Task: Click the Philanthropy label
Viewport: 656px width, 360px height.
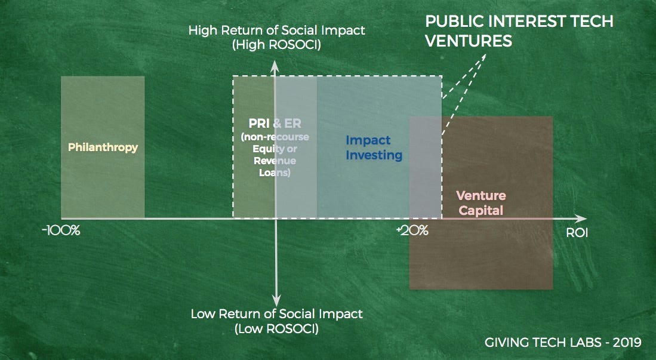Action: [x=103, y=147]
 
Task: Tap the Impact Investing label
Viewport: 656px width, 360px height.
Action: [x=374, y=147]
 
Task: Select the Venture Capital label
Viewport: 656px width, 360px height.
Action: [x=481, y=203]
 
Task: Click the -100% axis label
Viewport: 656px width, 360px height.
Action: [x=61, y=230]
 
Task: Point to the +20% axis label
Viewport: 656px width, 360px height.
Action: [x=412, y=230]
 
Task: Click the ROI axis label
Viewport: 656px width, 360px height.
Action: [x=577, y=233]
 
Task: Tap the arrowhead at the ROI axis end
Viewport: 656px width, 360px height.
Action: [x=581, y=219]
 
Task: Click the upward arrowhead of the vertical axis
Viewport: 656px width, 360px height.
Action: [x=275, y=66]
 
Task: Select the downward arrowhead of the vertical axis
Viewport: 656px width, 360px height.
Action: [x=276, y=300]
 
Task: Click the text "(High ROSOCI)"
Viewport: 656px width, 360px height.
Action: [x=276, y=45]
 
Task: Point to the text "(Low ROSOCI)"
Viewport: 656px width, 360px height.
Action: [x=276, y=328]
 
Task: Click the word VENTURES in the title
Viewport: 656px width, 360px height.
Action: [x=469, y=41]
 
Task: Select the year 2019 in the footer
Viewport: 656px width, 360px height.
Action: [x=627, y=343]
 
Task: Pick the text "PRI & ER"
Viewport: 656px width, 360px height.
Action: [x=275, y=124]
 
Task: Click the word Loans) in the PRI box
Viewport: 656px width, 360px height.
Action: [x=275, y=173]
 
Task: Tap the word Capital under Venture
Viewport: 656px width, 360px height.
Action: [x=481, y=210]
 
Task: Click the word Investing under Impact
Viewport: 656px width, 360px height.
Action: [x=374, y=155]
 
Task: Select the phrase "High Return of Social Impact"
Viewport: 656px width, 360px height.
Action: [x=276, y=30]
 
